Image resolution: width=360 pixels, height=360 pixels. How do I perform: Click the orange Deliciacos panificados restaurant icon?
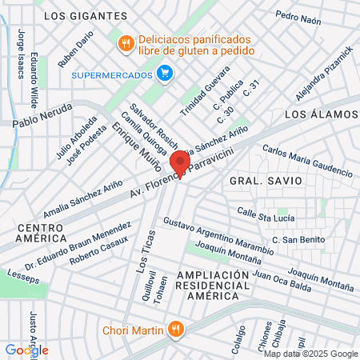[125, 43]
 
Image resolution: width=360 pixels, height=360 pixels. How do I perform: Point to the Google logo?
[26, 350]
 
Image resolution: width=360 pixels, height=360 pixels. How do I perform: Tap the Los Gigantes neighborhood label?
[86, 15]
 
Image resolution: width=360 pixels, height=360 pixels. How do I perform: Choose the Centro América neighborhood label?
[41, 234]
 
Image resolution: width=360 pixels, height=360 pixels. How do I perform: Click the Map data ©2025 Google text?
[311, 353]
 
